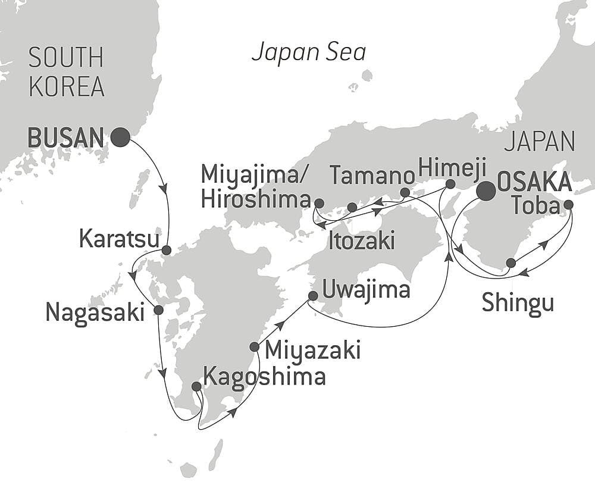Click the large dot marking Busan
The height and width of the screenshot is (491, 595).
[x=120, y=137]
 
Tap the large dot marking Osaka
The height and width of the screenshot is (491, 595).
[x=486, y=190]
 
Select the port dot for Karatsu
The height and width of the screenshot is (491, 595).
[x=167, y=250]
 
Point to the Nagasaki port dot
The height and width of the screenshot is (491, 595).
[x=158, y=310]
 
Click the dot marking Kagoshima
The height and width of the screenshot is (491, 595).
[x=196, y=386]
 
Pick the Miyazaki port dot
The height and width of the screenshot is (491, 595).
[x=255, y=347]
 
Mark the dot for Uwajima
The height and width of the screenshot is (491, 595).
[x=313, y=296]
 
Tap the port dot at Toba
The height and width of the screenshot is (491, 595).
[x=568, y=205]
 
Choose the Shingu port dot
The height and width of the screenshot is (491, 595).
[x=511, y=262]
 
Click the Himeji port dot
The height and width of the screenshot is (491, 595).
[x=450, y=184]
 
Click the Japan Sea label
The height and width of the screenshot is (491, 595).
[x=308, y=52]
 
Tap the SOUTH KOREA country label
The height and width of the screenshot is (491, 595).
[x=67, y=73]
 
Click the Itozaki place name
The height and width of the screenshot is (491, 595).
[x=361, y=241]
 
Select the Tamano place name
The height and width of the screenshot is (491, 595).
[x=372, y=176]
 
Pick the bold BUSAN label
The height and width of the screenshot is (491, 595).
[x=66, y=137]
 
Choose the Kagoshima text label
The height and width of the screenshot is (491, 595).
[x=264, y=376]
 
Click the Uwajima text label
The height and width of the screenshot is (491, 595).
[x=366, y=290]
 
